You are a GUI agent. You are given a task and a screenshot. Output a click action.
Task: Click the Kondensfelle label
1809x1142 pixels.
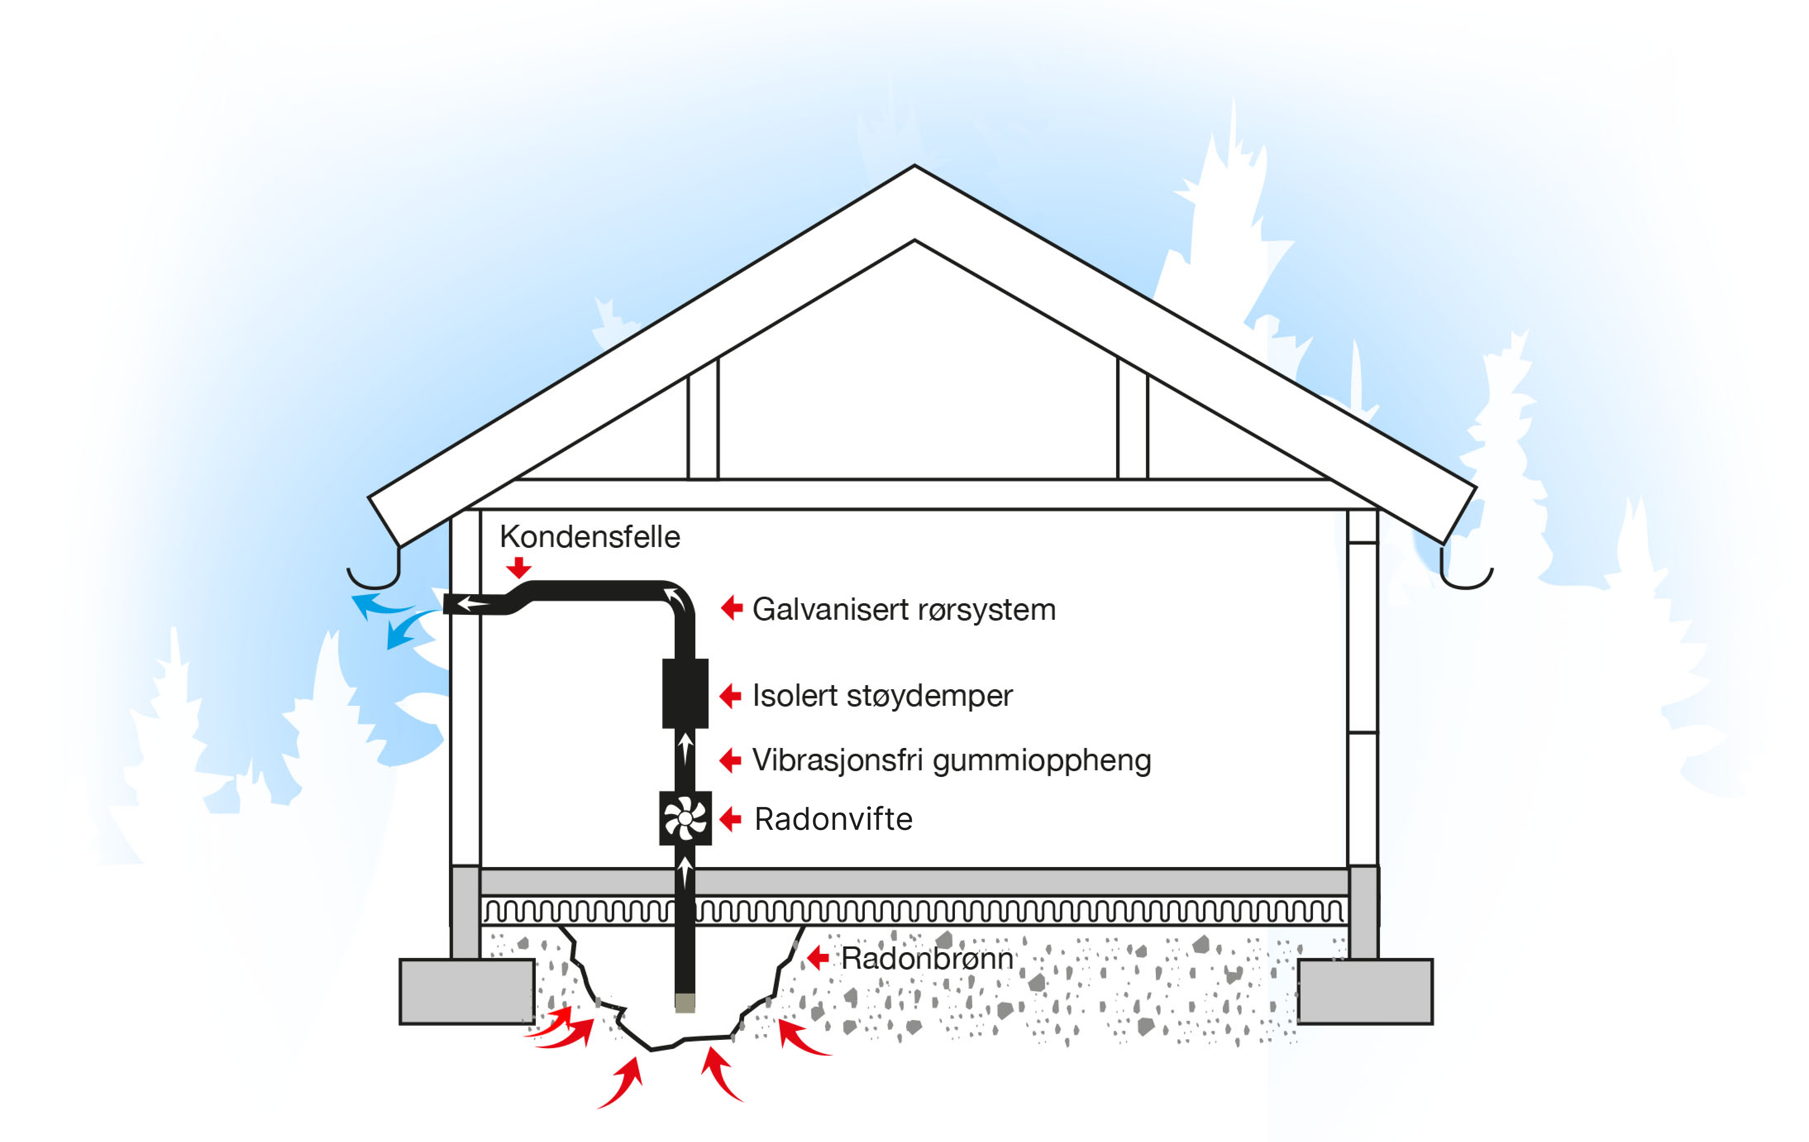(x=590, y=537)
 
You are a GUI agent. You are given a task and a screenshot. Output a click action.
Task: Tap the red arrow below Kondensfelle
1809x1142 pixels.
(x=518, y=567)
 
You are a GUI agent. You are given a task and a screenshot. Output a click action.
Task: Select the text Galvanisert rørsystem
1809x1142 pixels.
(x=904, y=609)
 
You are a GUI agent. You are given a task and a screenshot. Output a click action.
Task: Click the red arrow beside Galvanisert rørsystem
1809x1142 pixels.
(x=732, y=607)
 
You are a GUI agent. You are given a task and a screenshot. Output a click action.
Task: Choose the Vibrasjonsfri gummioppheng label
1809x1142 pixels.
(x=951, y=760)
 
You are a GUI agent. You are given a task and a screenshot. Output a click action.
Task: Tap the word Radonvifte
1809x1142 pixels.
(x=833, y=819)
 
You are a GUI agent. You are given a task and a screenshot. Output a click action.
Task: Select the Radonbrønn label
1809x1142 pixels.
(x=927, y=959)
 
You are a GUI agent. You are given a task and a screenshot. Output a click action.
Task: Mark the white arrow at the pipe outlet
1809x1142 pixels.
(x=473, y=603)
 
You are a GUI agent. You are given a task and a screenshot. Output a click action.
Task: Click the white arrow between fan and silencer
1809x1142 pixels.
(x=685, y=748)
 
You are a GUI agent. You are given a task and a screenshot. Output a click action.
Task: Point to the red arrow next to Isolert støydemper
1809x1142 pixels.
(x=730, y=696)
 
